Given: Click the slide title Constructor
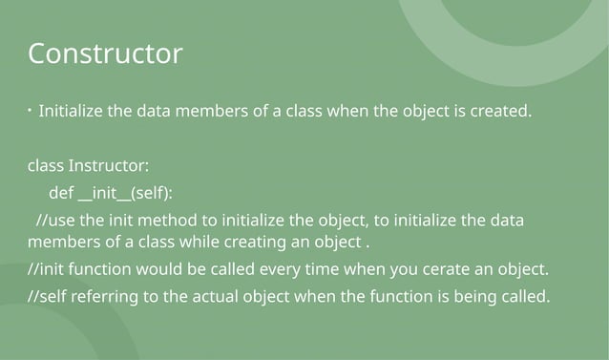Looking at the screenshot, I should coord(105,53).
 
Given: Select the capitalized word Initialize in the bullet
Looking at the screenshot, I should coord(72,111).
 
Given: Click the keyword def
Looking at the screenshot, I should coord(61,194).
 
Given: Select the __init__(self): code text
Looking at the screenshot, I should coord(125,194).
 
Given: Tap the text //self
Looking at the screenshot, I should coord(47,296).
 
